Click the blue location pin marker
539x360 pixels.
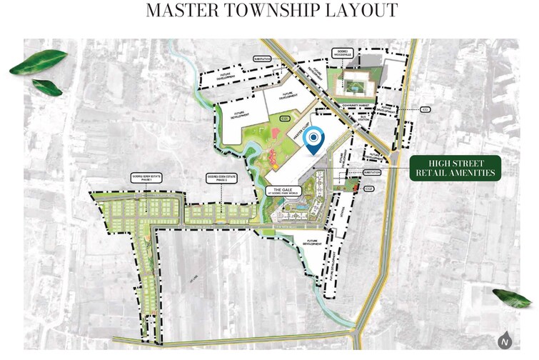pos(314,140)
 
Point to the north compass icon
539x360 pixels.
pos(505,341)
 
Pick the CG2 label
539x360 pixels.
pos(369,189)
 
